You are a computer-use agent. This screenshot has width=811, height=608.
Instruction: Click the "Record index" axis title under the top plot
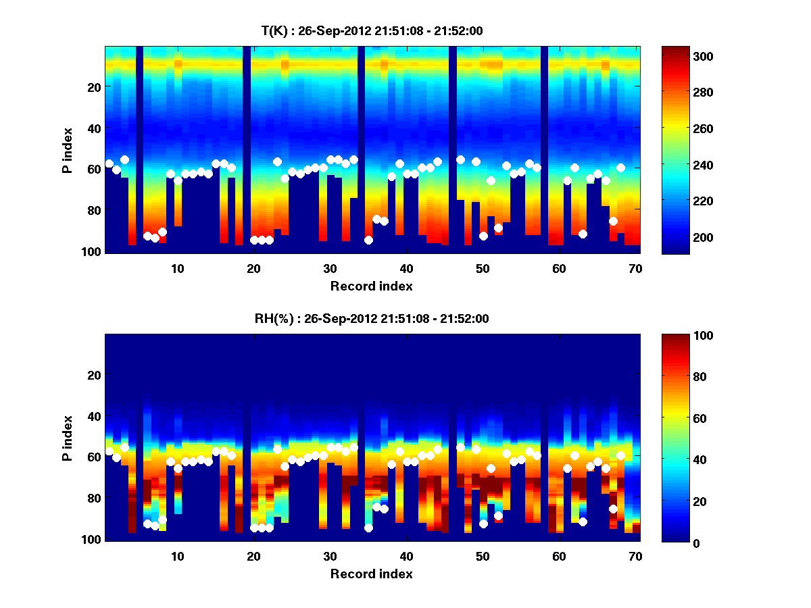(372, 286)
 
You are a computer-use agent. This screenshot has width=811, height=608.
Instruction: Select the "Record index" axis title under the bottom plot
(372, 574)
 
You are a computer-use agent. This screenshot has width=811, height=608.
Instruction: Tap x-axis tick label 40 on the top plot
(406, 268)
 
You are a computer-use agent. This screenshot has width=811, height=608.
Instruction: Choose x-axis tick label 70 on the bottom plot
(635, 556)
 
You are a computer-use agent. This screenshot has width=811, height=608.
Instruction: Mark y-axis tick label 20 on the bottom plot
(94, 375)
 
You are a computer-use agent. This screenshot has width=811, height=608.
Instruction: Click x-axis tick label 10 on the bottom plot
(177, 556)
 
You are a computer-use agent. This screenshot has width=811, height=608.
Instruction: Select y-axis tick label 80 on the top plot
(94, 210)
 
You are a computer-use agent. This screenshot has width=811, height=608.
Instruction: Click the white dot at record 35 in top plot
(368, 240)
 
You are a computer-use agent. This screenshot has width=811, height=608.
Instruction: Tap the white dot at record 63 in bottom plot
(583, 522)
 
